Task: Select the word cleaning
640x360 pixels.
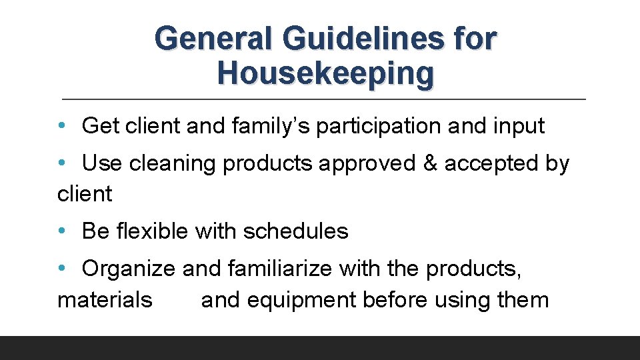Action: pos(172,163)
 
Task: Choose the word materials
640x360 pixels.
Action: pos(105,300)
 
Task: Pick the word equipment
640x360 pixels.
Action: pos(302,300)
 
